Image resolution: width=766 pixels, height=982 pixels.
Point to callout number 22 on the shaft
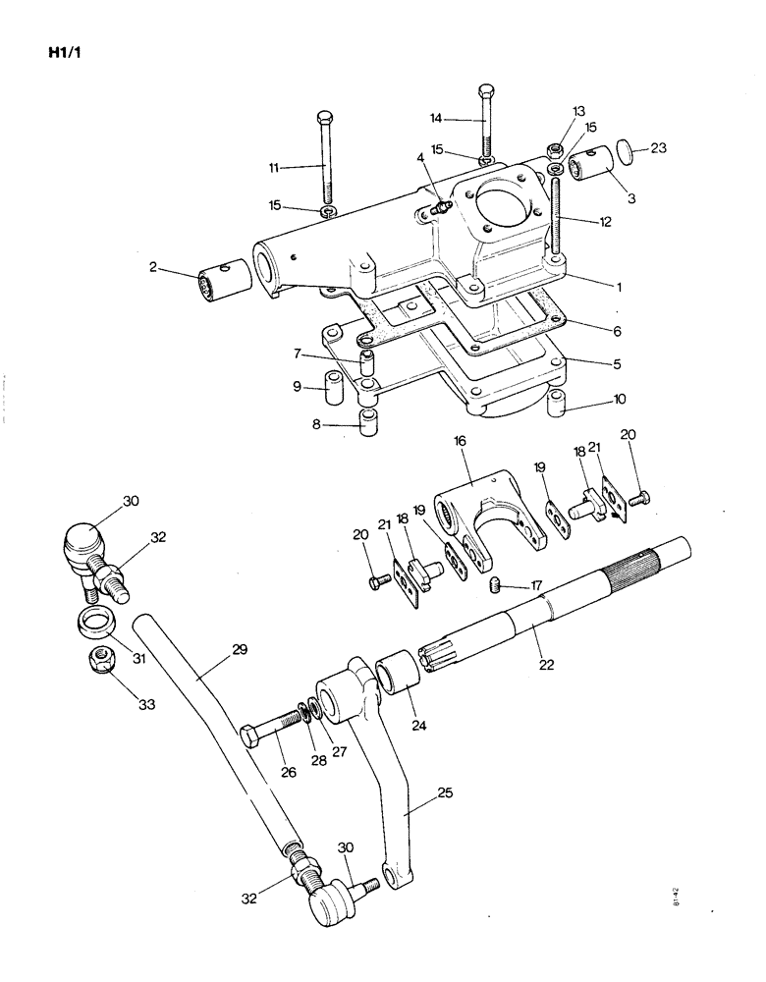tap(546, 664)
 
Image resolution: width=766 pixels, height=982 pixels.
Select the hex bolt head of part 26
tap(249, 736)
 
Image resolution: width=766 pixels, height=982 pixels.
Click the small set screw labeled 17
tap(495, 586)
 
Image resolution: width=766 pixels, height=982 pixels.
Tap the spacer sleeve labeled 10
tap(556, 403)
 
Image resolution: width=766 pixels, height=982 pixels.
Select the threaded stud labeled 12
tap(559, 216)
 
